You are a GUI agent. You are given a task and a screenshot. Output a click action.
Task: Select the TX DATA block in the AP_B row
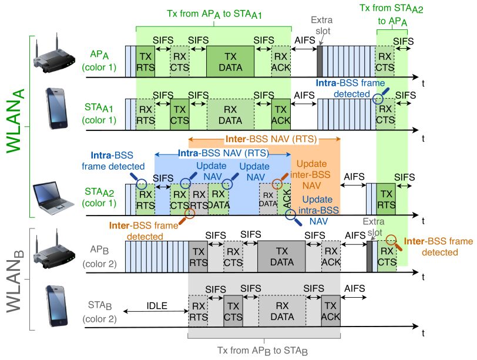coord(281,255)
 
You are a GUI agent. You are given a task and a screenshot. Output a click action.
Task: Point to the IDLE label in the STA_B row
coord(157,307)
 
